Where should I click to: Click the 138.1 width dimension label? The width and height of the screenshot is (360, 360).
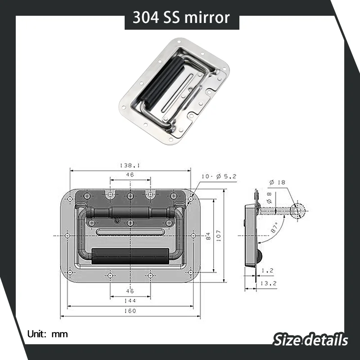coord(130,165)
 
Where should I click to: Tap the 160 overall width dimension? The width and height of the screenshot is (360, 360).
coord(130,311)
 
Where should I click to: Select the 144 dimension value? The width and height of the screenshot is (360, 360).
coord(130,301)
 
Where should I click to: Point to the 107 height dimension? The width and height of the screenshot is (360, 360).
coord(218,235)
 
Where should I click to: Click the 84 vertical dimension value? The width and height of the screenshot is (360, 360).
coord(208,236)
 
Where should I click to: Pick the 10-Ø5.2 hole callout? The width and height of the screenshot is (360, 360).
coord(219,176)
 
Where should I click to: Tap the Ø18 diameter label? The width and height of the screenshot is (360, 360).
coord(277,182)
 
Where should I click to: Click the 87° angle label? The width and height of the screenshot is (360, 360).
coord(274,227)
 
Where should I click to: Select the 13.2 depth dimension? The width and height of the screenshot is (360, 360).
coord(268,283)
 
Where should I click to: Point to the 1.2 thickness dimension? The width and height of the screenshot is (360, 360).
coord(268,271)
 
